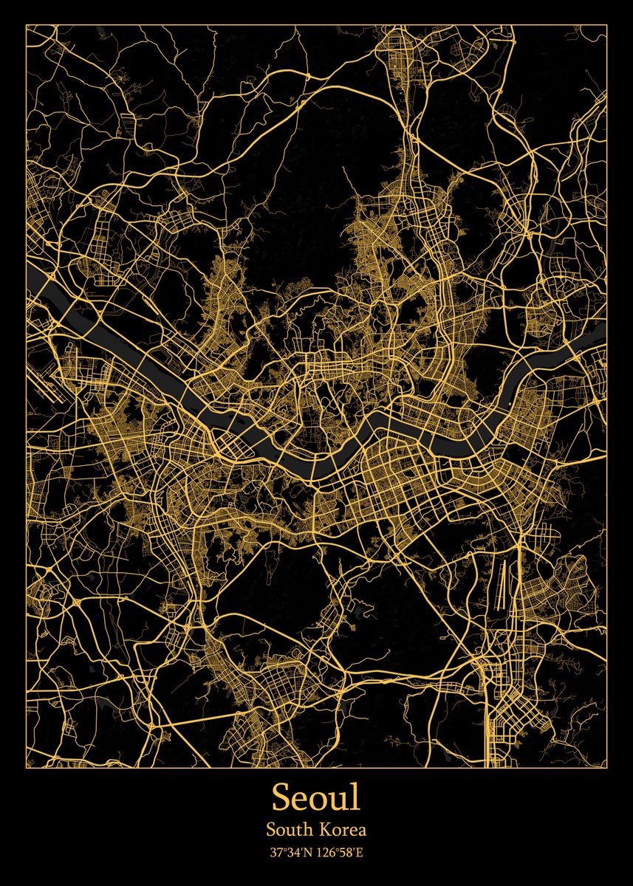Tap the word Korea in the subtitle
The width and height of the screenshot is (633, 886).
pyautogui.click(x=344, y=830)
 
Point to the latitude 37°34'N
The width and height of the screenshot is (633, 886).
pyautogui.click(x=290, y=853)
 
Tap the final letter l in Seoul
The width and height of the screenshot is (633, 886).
pyautogui.click(x=357, y=797)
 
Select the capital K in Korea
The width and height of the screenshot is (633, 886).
pyautogui.click(x=327, y=830)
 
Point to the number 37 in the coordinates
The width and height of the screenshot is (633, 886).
pyautogui.click(x=275, y=853)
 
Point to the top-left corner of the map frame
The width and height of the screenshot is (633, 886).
pyautogui.click(x=27, y=24)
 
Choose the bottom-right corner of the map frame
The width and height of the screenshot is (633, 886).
pyautogui.click(x=606, y=767)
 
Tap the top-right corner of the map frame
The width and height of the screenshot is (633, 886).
pyautogui.click(x=606, y=24)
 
